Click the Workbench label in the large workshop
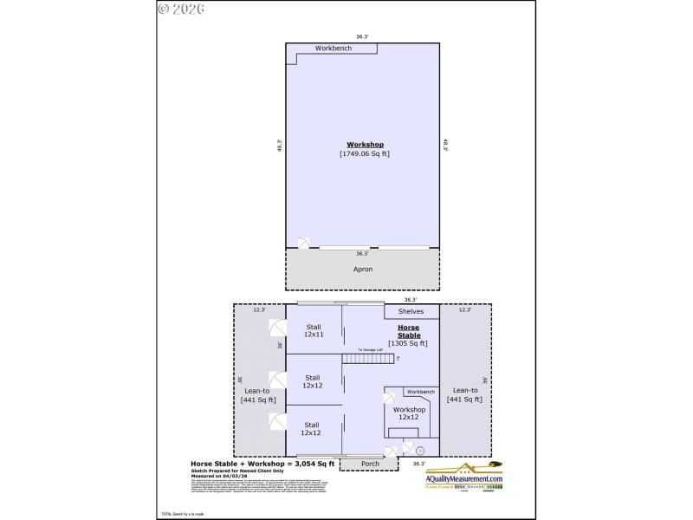(333, 48)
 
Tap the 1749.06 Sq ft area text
(364, 153)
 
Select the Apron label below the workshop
(363, 270)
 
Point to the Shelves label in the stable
(411, 311)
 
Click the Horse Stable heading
(409, 331)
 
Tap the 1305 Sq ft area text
(408, 343)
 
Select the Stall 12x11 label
(313, 330)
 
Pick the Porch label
(369, 465)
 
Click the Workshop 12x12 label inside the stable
(409, 413)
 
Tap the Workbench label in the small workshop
(421, 392)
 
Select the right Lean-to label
(465, 394)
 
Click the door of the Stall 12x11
(277, 329)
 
